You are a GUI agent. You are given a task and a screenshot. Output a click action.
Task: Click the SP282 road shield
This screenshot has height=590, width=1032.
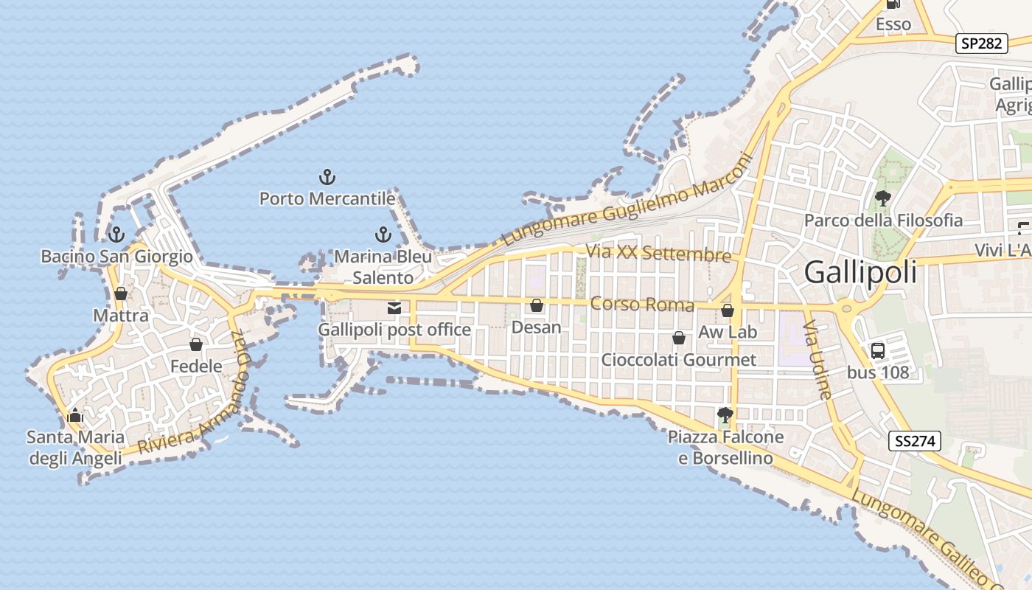point(983,44)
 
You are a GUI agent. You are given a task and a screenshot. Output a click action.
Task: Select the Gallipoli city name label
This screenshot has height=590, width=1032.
point(860,272)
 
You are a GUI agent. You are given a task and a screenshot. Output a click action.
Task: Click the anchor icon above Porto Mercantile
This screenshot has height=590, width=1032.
point(327,177)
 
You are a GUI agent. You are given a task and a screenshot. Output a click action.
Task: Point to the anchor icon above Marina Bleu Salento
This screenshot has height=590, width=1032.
point(383,235)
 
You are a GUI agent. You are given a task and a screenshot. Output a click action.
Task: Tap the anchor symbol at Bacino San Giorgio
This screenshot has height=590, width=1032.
point(116,235)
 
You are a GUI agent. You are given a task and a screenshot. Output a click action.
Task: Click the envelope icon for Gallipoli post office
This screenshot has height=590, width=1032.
point(394,308)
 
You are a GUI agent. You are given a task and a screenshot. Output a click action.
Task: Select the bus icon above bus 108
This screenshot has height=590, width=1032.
point(877,351)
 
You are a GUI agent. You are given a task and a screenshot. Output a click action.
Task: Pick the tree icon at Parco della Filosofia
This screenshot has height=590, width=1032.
point(882,198)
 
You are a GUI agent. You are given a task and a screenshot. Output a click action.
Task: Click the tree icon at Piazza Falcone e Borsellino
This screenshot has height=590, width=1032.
point(725,415)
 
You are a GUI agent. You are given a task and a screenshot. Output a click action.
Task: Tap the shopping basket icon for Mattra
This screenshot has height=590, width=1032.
point(121,294)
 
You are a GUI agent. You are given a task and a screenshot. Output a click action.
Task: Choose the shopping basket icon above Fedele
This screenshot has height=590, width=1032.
point(196,344)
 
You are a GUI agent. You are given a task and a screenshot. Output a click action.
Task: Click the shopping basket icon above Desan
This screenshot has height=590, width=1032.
point(537,305)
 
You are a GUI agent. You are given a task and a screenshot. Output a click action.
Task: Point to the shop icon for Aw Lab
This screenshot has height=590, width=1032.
point(728,311)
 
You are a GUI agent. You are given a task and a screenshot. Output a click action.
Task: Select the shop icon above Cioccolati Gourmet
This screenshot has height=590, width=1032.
point(679,339)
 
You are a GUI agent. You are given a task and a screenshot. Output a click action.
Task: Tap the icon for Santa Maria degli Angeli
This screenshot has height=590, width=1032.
point(75,416)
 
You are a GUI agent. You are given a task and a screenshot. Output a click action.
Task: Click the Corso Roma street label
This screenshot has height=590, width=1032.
point(643,304)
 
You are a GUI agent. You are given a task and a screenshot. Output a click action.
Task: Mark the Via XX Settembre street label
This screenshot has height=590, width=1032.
point(658,253)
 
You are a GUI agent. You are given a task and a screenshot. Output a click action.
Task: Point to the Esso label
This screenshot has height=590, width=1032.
point(893,24)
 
